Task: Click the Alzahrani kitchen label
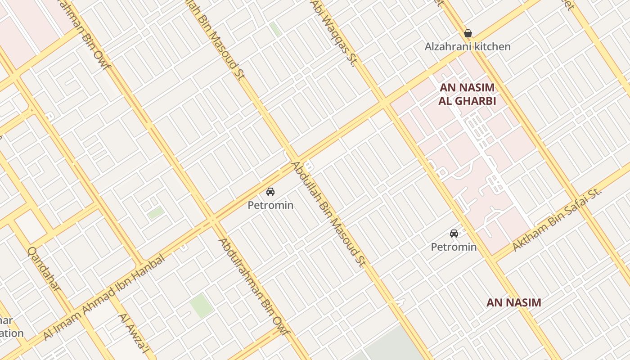click(x=468, y=46)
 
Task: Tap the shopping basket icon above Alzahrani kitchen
click(x=468, y=33)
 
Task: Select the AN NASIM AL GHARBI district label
click(x=467, y=94)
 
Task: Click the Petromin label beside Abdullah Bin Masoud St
click(x=270, y=205)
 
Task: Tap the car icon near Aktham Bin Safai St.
click(x=454, y=233)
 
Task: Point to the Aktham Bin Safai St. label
click(x=557, y=220)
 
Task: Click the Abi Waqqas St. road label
click(x=333, y=32)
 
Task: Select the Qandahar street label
click(x=44, y=269)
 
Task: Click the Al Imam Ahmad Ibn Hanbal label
click(x=104, y=297)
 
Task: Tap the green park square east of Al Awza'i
click(x=201, y=306)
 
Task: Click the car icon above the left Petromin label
click(x=270, y=192)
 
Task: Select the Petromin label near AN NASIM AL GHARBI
click(x=454, y=247)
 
